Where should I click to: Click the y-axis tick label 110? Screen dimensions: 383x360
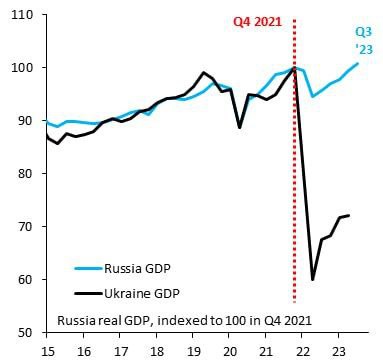point(22,15)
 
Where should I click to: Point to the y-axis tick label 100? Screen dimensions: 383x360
point(22,68)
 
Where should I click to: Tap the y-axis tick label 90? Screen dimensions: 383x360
point(26,121)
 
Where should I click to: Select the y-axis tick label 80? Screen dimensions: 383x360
point(26,173)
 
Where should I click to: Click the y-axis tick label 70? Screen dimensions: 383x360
point(26,226)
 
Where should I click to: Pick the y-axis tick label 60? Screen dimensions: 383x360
point(26,279)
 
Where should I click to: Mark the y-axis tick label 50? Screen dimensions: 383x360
point(26,332)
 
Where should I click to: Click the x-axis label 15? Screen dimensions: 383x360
point(47,351)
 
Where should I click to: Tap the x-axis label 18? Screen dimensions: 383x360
point(156,351)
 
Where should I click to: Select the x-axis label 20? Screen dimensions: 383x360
point(229,351)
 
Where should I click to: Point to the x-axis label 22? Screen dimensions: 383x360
point(302,351)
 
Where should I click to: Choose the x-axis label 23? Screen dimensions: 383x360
point(338,351)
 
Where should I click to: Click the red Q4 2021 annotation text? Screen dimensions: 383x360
point(257,22)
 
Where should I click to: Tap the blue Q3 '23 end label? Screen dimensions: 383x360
point(363,41)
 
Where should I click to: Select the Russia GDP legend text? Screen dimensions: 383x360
point(137,268)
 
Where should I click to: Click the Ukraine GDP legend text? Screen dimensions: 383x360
point(142,294)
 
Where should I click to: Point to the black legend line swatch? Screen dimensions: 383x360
point(89,294)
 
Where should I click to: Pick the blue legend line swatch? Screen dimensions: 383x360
point(89,268)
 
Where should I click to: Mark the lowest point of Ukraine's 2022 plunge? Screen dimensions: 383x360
point(313,280)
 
